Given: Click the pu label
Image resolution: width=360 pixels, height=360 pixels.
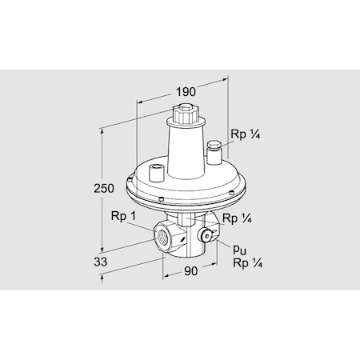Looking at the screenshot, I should coord(238,250).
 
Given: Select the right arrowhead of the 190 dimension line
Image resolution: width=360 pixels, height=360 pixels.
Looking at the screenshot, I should coord(220,81).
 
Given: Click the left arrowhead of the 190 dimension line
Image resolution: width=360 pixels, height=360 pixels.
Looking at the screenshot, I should coord(138,101).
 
